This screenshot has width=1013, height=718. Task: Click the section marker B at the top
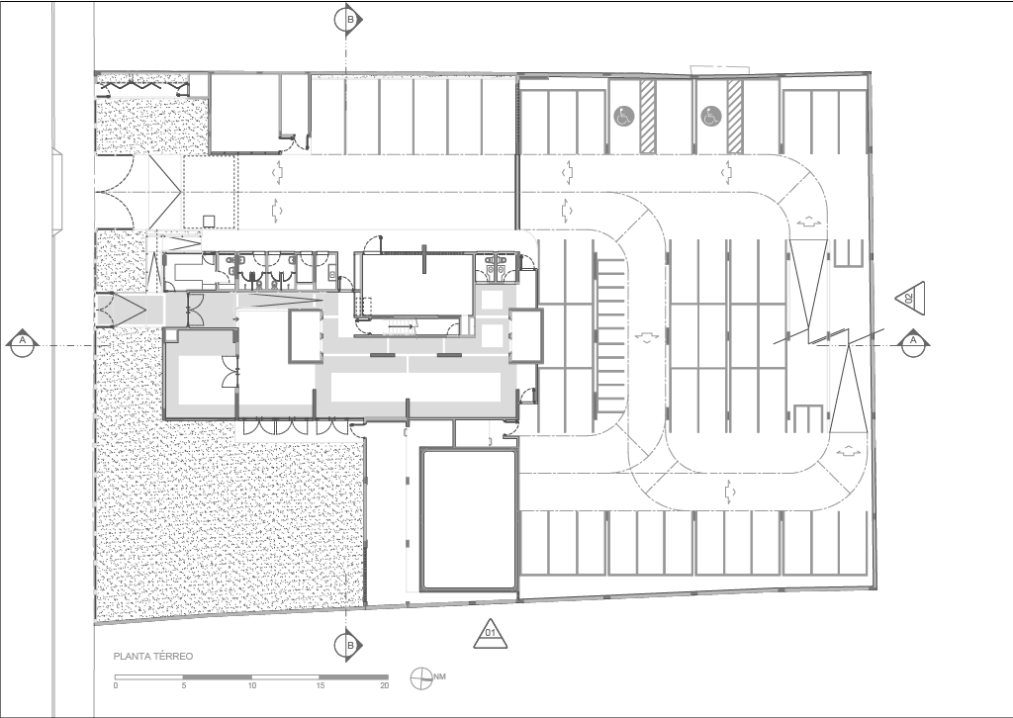(348, 20)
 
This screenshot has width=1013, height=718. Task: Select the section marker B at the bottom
(348, 645)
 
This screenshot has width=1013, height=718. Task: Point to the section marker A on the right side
(913, 343)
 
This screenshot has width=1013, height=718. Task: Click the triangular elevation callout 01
(491, 634)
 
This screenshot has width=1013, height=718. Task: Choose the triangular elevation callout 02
(911, 299)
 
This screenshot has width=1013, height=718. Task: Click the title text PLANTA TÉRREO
(153, 657)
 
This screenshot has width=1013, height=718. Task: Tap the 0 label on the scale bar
(116, 685)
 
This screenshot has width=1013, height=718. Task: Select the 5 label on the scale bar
(184, 685)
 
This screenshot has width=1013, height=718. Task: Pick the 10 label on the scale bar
(252, 685)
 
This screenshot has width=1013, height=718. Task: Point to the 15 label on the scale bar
(320, 685)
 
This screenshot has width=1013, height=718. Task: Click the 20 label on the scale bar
(385, 685)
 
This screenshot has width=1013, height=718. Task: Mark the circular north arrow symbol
(421, 678)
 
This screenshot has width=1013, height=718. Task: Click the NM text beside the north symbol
(440, 676)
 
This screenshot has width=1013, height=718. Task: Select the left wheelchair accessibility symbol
(624, 117)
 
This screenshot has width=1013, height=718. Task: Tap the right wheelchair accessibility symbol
(710, 117)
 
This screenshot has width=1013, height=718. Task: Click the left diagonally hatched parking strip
(648, 117)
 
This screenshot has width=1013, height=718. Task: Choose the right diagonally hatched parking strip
(735, 117)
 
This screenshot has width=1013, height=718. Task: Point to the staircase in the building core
(405, 326)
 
